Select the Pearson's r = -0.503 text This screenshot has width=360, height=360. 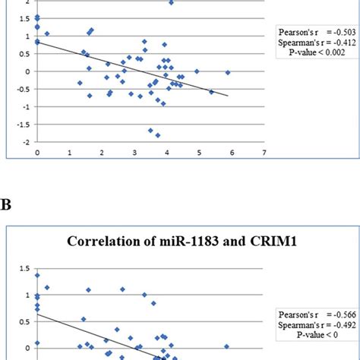311,33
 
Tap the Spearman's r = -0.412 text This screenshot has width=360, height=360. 311,43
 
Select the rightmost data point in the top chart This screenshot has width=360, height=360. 227,73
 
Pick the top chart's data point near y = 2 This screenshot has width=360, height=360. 171,3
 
